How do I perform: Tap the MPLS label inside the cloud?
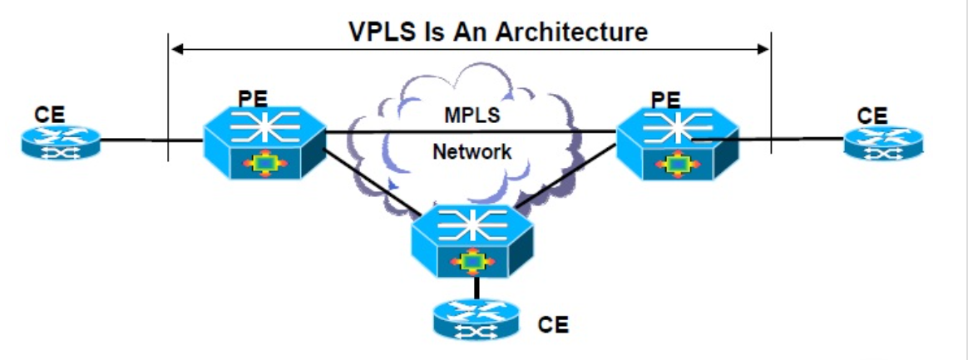471,116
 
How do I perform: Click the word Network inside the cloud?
472,152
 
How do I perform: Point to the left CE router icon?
60,143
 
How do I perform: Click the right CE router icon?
883,143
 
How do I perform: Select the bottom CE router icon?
475,320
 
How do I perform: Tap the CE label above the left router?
49,116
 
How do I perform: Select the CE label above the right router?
872,116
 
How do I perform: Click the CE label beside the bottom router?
553,324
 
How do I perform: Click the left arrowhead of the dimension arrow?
176,50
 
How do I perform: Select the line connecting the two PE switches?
471,131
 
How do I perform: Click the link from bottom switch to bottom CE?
476,287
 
